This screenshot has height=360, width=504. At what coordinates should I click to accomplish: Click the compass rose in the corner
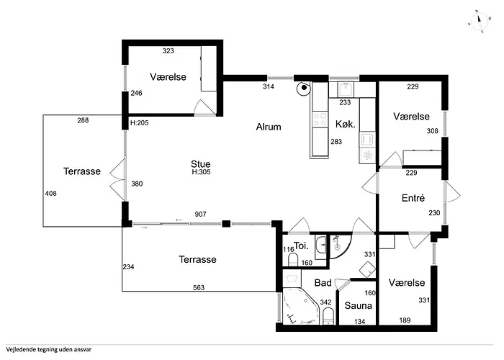(479, 22)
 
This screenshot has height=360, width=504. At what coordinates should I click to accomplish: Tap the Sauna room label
(358, 306)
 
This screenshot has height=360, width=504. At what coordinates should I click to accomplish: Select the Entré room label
(413, 198)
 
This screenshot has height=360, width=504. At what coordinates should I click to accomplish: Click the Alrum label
(269, 127)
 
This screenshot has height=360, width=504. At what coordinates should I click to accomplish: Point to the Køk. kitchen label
(346, 124)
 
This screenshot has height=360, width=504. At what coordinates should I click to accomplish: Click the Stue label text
(201, 164)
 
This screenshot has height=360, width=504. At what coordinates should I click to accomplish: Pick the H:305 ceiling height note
(201, 172)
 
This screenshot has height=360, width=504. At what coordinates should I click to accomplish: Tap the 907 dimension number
(201, 214)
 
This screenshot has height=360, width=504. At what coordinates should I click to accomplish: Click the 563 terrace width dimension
(199, 288)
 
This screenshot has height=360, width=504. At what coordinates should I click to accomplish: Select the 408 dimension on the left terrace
(51, 193)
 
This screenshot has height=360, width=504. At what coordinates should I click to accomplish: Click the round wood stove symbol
(303, 89)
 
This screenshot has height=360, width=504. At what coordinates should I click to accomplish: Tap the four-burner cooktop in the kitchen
(320, 120)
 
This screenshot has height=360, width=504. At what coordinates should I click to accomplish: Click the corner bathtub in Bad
(300, 307)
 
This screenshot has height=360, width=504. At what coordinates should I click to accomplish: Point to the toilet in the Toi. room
(293, 260)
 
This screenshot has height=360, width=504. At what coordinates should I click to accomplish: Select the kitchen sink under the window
(345, 89)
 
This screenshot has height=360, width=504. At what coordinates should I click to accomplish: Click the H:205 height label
(139, 123)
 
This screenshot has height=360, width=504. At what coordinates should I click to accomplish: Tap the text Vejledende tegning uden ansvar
(49, 349)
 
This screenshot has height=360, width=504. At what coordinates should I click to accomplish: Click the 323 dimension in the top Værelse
(168, 51)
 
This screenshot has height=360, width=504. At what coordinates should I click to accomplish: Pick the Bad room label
(323, 283)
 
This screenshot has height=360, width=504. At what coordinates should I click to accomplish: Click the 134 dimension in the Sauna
(360, 321)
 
